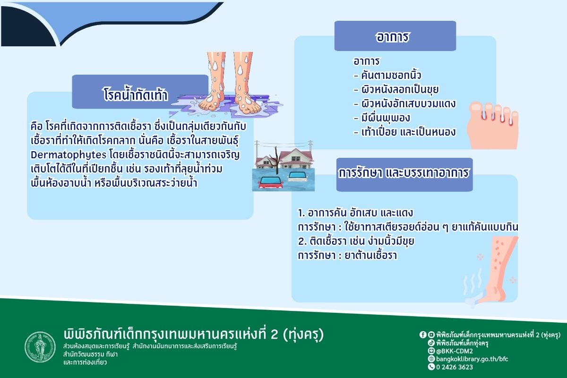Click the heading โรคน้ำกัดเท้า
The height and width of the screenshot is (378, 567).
[x=136, y=94]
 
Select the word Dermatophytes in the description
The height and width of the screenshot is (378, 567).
[x=69, y=155]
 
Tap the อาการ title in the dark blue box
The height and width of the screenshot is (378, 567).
[x=392, y=37]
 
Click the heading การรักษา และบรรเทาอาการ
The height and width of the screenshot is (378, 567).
[x=404, y=173]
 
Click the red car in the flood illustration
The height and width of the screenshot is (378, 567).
[x=271, y=182]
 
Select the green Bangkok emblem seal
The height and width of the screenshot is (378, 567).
[x=40, y=347]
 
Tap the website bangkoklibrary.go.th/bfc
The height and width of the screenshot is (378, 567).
[x=472, y=359]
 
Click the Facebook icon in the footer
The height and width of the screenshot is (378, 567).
[x=423, y=335]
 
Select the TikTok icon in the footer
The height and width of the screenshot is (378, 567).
[x=431, y=343]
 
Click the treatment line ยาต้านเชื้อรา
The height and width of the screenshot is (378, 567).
[x=371, y=256]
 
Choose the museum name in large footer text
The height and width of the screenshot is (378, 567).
[x=194, y=334]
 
